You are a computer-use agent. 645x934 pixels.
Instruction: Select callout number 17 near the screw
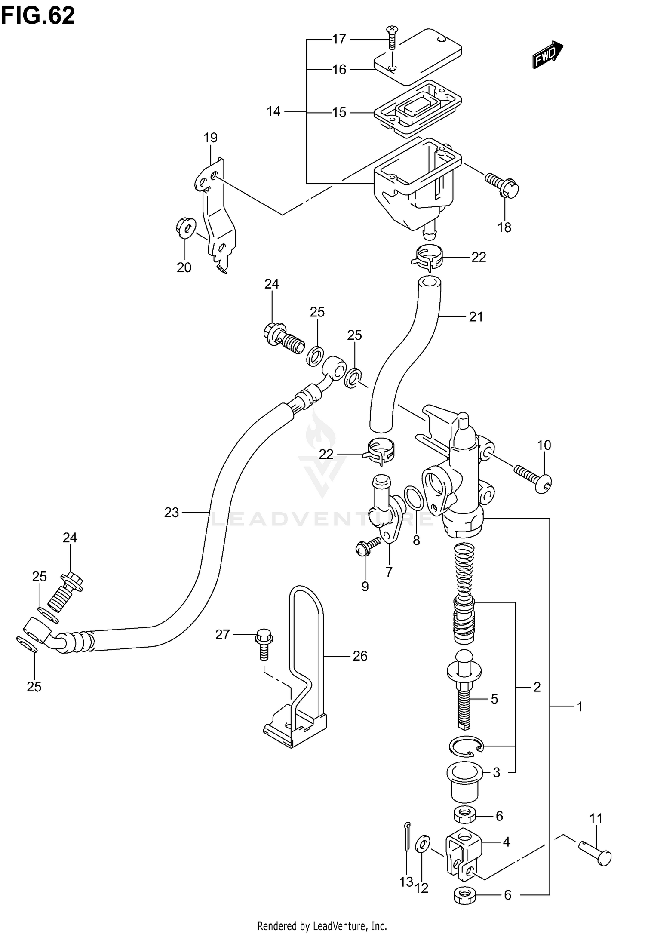(x=339, y=39)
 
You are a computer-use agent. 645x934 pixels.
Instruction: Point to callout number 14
(x=273, y=112)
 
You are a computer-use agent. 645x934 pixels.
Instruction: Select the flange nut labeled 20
(x=185, y=227)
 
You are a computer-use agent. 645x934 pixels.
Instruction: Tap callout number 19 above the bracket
(x=210, y=138)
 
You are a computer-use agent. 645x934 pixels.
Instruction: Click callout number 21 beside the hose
(x=476, y=317)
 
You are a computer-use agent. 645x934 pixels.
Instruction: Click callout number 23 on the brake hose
(x=172, y=513)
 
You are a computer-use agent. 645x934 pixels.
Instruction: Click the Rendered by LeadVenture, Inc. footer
(x=322, y=925)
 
